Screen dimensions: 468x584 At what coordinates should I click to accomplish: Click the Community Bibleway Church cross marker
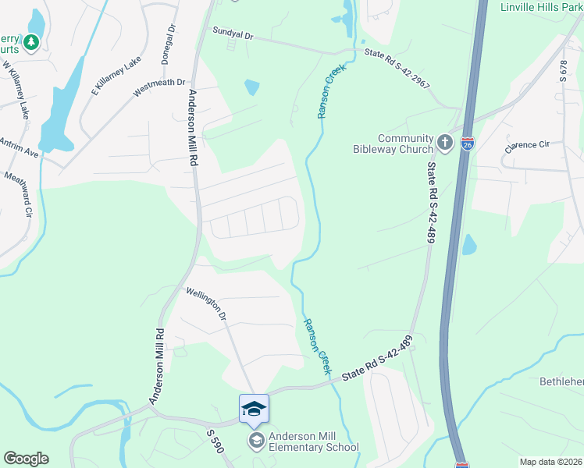[x=445, y=142]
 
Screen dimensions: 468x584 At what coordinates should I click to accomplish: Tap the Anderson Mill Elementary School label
[x=312, y=441]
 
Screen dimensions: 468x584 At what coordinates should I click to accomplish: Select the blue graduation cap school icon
[x=254, y=409]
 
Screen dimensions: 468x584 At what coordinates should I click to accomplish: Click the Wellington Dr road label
[x=205, y=304]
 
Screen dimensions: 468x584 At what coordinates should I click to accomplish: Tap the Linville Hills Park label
[x=539, y=7]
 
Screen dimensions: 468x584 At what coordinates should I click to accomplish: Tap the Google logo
[x=26, y=458]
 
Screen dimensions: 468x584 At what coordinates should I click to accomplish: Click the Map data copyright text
[x=550, y=462]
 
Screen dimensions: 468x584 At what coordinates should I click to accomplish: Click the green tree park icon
[x=32, y=42]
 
